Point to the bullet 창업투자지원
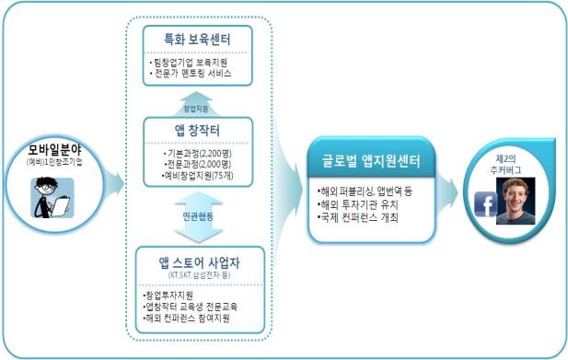(169, 295)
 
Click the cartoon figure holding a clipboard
(52, 195)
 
